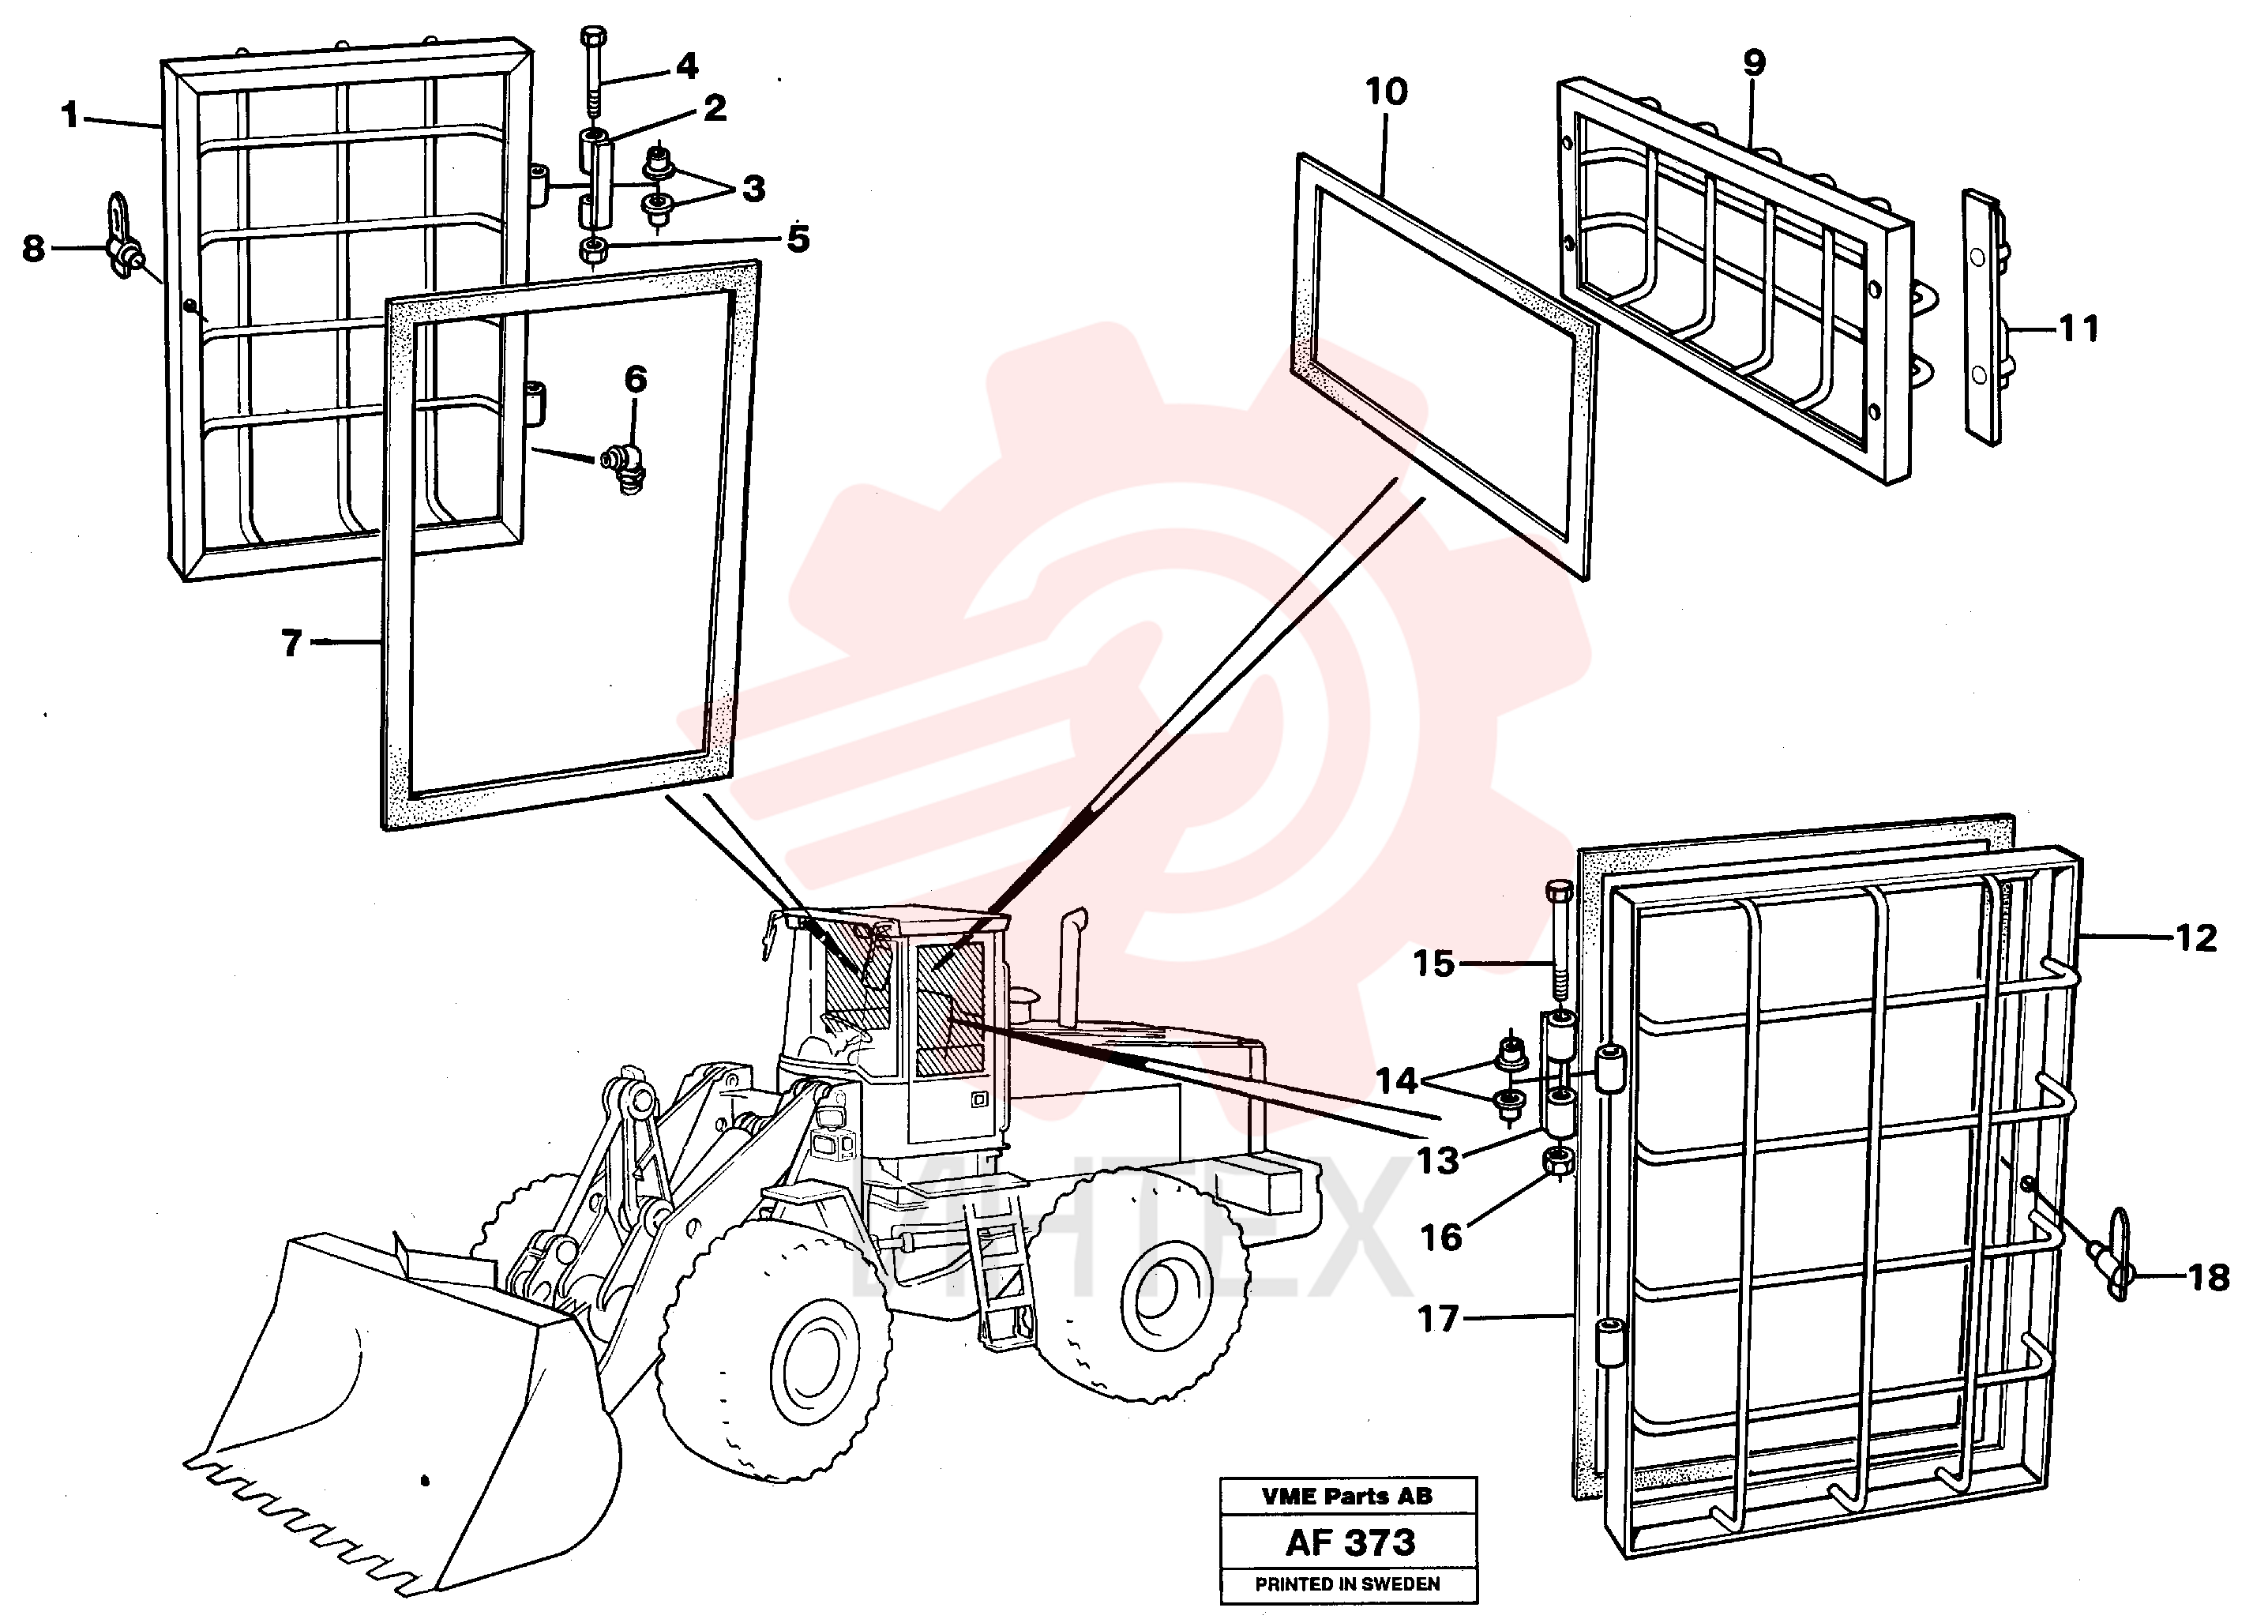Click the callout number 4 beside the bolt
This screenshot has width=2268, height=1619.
(x=687, y=67)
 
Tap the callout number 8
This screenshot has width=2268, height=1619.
(x=34, y=248)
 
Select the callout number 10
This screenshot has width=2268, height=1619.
(x=1386, y=92)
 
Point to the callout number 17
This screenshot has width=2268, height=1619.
(x=1439, y=1319)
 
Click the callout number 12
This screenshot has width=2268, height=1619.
(x=2195, y=938)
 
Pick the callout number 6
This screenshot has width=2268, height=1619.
(x=635, y=379)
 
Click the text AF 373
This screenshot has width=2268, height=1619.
(x=1350, y=1543)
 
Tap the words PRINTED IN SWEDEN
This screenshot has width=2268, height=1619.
(x=1348, y=1584)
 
